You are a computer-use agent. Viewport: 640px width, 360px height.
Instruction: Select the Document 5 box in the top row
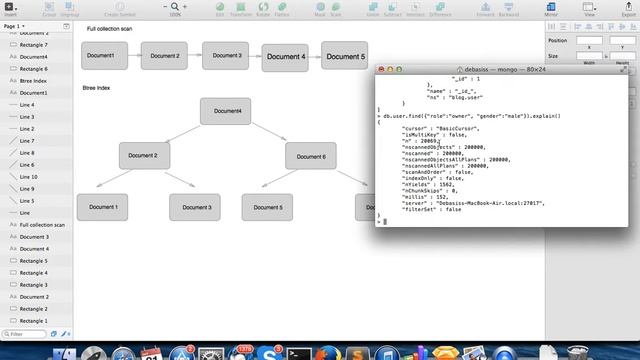tap(344, 57)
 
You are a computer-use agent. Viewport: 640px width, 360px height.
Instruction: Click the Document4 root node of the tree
tap(225, 111)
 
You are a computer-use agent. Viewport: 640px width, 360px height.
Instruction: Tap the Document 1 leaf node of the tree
tap(103, 207)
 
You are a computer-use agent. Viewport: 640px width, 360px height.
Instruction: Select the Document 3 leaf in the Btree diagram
tap(194, 207)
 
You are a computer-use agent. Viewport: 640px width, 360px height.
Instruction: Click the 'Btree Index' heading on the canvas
tap(97, 88)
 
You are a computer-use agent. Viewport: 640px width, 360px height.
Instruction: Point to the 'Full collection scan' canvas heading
tap(109, 28)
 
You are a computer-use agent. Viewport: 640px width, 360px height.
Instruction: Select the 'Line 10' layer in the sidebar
tap(27, 177)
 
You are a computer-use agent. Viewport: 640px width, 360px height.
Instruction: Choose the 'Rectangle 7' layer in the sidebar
tap(33, 45)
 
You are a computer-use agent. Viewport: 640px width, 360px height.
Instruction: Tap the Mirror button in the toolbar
tap(551, 11)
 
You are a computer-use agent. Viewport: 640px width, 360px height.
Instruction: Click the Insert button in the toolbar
tap(10, 11)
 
